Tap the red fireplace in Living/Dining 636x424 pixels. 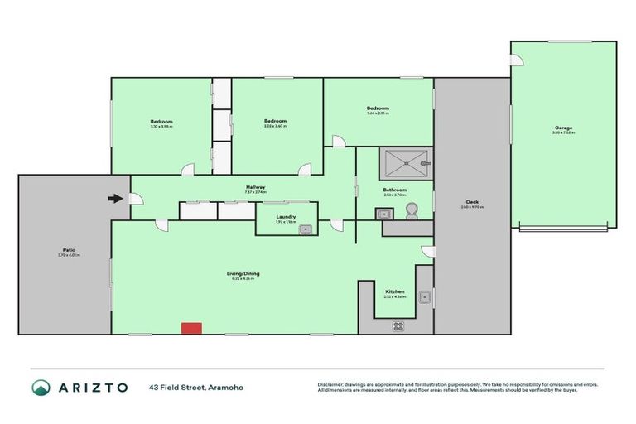pos(191,329)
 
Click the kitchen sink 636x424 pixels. pos(424,296)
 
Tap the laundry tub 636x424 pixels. pos(304,228)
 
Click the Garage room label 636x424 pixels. pos(563,128)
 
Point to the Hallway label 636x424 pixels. pos(255,187)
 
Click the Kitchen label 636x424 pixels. pos(394,291)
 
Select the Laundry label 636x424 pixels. pos(285,216)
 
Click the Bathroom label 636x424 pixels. pos(394,190)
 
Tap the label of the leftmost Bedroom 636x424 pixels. pos(161,122)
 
